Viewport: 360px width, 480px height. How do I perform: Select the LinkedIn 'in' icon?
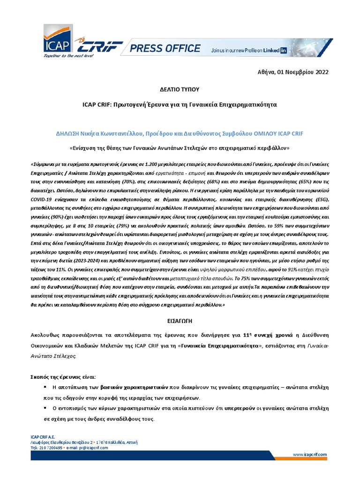point(283,49)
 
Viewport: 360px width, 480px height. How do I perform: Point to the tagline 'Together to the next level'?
point(69,56)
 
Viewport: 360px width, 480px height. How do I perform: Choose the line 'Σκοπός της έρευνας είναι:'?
point(62,376)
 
